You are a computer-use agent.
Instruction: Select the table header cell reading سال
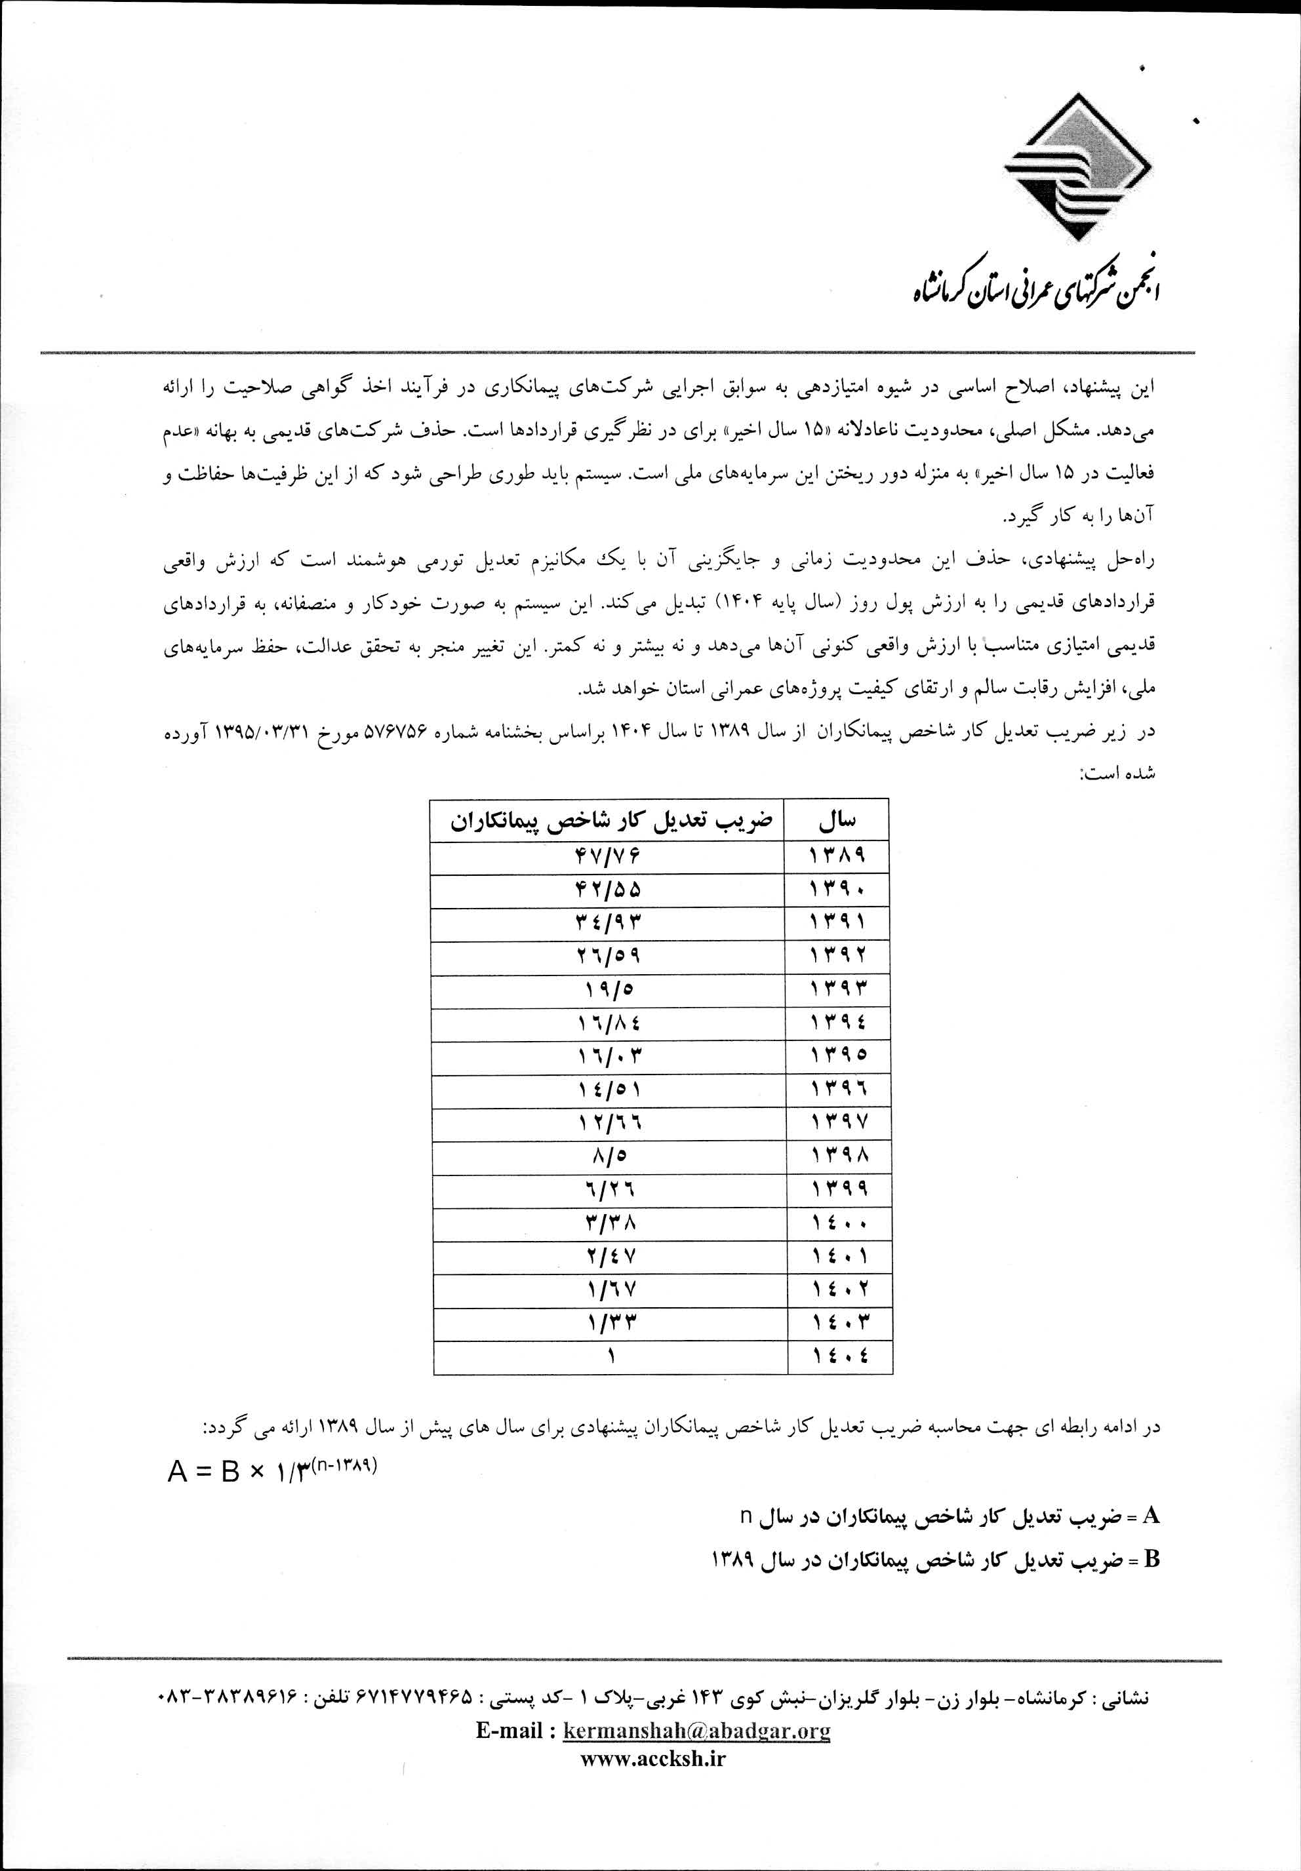836,821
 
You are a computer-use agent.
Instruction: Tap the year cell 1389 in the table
836,856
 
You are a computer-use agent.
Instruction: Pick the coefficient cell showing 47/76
607,856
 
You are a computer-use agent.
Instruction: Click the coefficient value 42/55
607,890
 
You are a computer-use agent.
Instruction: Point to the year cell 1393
836,990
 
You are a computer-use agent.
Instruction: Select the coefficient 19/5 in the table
607,990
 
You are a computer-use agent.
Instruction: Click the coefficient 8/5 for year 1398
607,1157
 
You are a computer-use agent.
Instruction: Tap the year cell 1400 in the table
836,1224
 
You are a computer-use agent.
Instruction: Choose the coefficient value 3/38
607,1224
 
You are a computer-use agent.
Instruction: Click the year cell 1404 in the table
836,1358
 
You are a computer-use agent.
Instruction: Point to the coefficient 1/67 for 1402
607,1291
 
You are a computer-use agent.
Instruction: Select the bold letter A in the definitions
1151,1516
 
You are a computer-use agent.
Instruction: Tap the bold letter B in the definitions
1151,1560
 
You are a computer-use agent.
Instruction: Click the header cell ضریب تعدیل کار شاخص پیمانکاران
607,821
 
